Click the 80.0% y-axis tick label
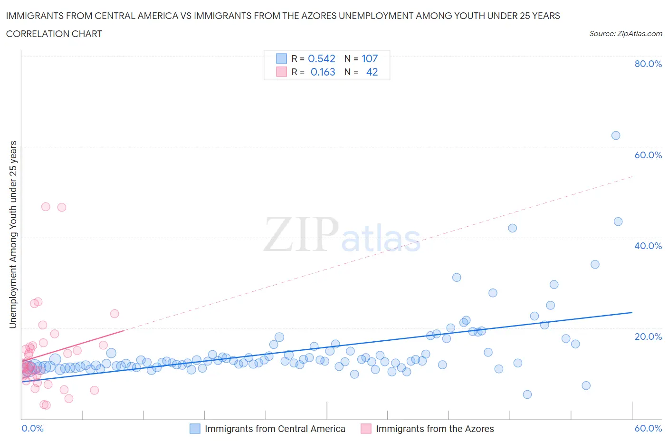[648, 64]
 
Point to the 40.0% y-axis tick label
[648, 246]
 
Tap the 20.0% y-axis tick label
[648, 336]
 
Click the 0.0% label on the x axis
[33, 428]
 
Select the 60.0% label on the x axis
[648, 428]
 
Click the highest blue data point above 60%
[616, 135]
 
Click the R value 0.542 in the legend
[322, 58]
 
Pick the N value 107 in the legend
[370, 58]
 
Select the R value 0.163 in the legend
[323, 72]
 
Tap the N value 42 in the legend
[372, 72]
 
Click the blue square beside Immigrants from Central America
[195, 429]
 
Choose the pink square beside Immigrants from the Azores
[366, 429]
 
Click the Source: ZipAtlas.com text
[625, 33]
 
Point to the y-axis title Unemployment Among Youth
[13, 234]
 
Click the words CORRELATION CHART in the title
[54, 34]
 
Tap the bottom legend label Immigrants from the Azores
[435, 429]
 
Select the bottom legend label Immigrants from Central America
[275, 429]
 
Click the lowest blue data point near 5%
[527, 394]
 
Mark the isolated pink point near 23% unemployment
[115, 314]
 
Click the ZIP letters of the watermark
[301, 234]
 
